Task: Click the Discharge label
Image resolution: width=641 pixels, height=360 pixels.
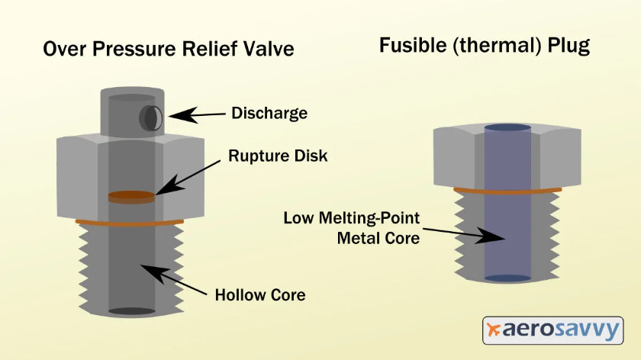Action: coord(269,114)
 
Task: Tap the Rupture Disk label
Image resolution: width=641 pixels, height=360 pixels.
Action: coord(277,156)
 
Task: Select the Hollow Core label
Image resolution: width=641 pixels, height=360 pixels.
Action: coord(259,294)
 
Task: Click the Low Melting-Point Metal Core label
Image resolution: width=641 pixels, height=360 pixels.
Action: coord(352,227)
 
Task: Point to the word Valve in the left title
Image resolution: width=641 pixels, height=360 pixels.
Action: coord(268,49)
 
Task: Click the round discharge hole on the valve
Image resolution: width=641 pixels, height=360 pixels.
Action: coord(150,117)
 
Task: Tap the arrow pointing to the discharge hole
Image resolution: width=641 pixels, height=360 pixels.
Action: coord(196,115)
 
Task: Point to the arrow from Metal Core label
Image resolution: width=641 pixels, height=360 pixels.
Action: coord(462,233)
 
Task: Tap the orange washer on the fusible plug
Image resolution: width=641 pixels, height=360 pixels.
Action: coord(507,190)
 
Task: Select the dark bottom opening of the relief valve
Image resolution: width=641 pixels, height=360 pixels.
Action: coord(131,311)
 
